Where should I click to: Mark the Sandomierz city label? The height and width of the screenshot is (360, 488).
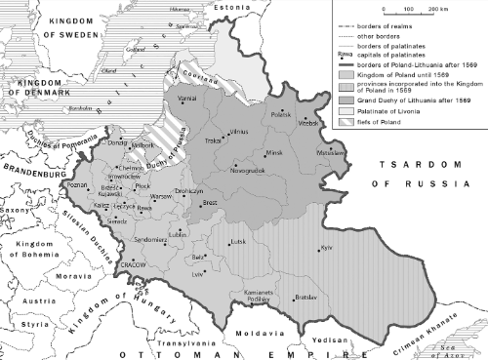tap(151, 238)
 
